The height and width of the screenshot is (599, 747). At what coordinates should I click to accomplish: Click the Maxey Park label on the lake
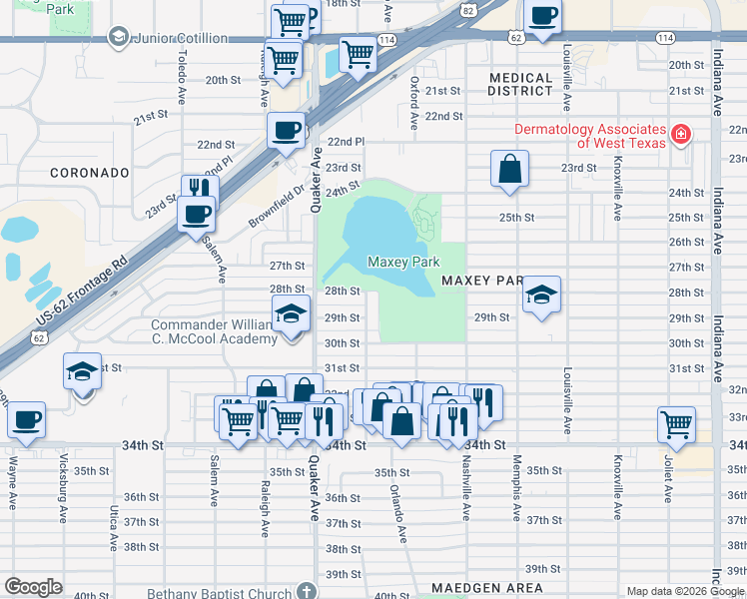(403, 263)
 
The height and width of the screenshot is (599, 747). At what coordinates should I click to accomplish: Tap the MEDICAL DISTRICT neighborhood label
(520, 84)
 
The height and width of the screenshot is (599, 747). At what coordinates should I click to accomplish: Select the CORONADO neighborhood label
(90, 173)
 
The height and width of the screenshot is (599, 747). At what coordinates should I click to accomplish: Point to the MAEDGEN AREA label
(487, 588)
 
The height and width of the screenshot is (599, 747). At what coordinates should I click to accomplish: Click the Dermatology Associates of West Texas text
(589, 136)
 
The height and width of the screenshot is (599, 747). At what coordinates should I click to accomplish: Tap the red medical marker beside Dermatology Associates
(681, 133)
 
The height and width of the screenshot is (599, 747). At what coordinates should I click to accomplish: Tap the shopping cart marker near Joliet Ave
(676, 423)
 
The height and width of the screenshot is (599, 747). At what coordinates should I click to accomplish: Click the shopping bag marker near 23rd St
(509, 169)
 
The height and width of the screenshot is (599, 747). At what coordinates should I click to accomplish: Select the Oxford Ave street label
(413, 104)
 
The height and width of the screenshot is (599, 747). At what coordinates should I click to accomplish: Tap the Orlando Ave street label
(398, 515)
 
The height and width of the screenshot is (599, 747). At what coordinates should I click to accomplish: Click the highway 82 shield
(468, 9)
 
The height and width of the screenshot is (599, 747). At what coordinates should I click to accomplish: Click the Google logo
(34, 587)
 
